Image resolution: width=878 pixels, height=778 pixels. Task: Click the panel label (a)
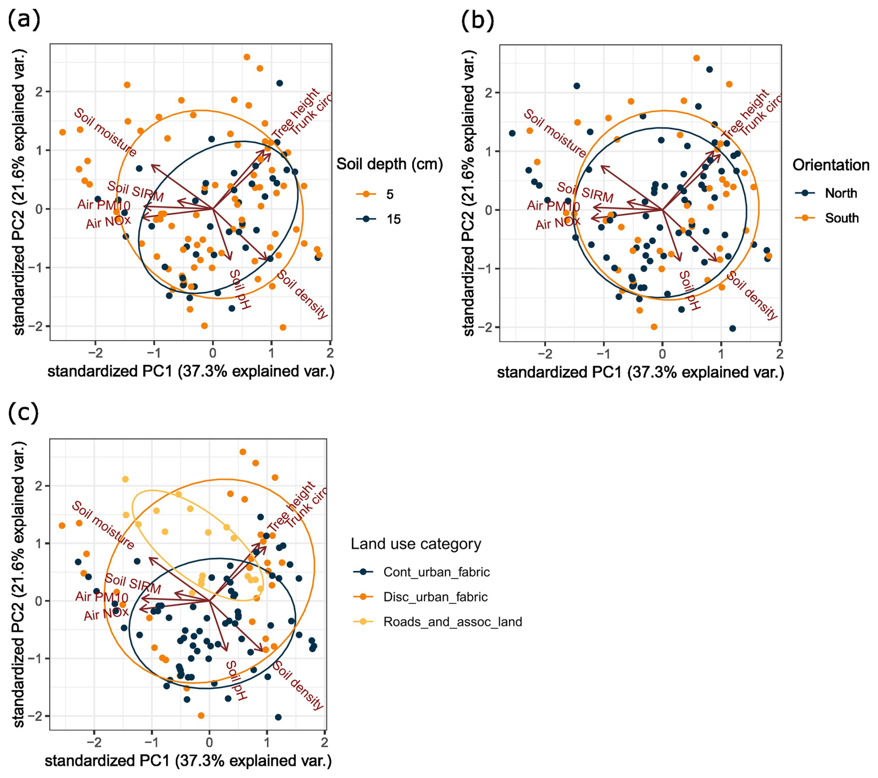tap(24, 19)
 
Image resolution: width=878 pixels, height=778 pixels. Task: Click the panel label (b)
tap(478, 20)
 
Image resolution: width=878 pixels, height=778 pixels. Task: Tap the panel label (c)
tap(23, 412)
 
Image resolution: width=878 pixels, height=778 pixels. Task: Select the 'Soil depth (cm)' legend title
tap(389, 164)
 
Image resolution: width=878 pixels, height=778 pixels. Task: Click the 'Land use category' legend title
tap(416, 544)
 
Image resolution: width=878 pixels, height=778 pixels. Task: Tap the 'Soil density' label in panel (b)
tap(752, 295)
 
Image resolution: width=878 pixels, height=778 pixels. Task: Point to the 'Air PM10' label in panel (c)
tap(102, 596)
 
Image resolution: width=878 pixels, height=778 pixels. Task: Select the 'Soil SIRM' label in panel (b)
tap(585, 192)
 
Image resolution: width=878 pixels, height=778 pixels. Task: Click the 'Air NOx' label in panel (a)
tap(108, 223)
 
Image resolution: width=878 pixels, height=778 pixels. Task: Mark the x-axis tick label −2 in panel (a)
tap(95, 353)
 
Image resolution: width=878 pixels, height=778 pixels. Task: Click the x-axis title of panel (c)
tap(188, 761)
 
